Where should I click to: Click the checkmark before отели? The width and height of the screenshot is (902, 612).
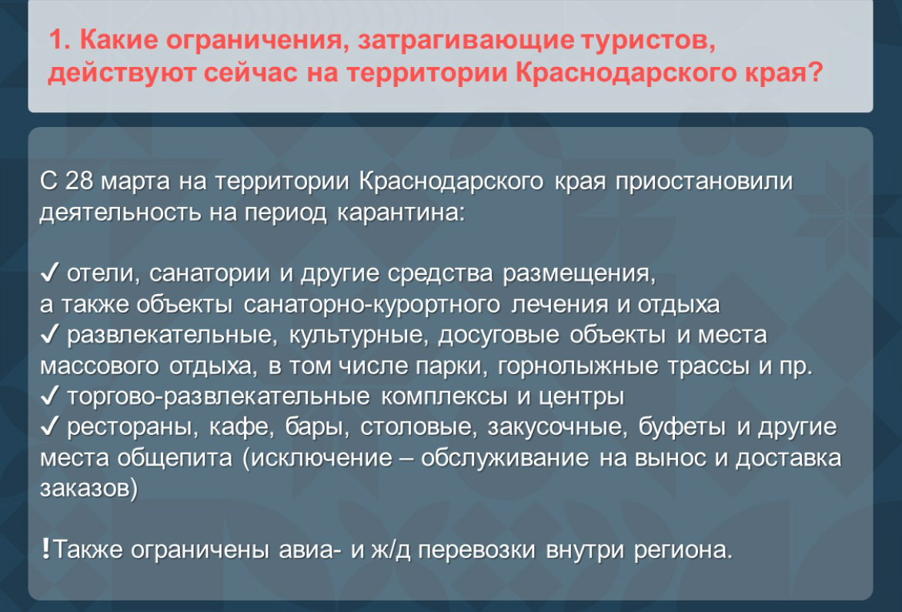(49, 275)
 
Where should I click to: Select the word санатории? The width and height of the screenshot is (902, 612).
(209, 275)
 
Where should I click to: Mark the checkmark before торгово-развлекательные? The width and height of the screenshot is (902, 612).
(49, 398)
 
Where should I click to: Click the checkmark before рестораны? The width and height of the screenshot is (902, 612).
(49, 428)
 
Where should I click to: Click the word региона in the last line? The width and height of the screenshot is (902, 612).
(680, 551)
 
